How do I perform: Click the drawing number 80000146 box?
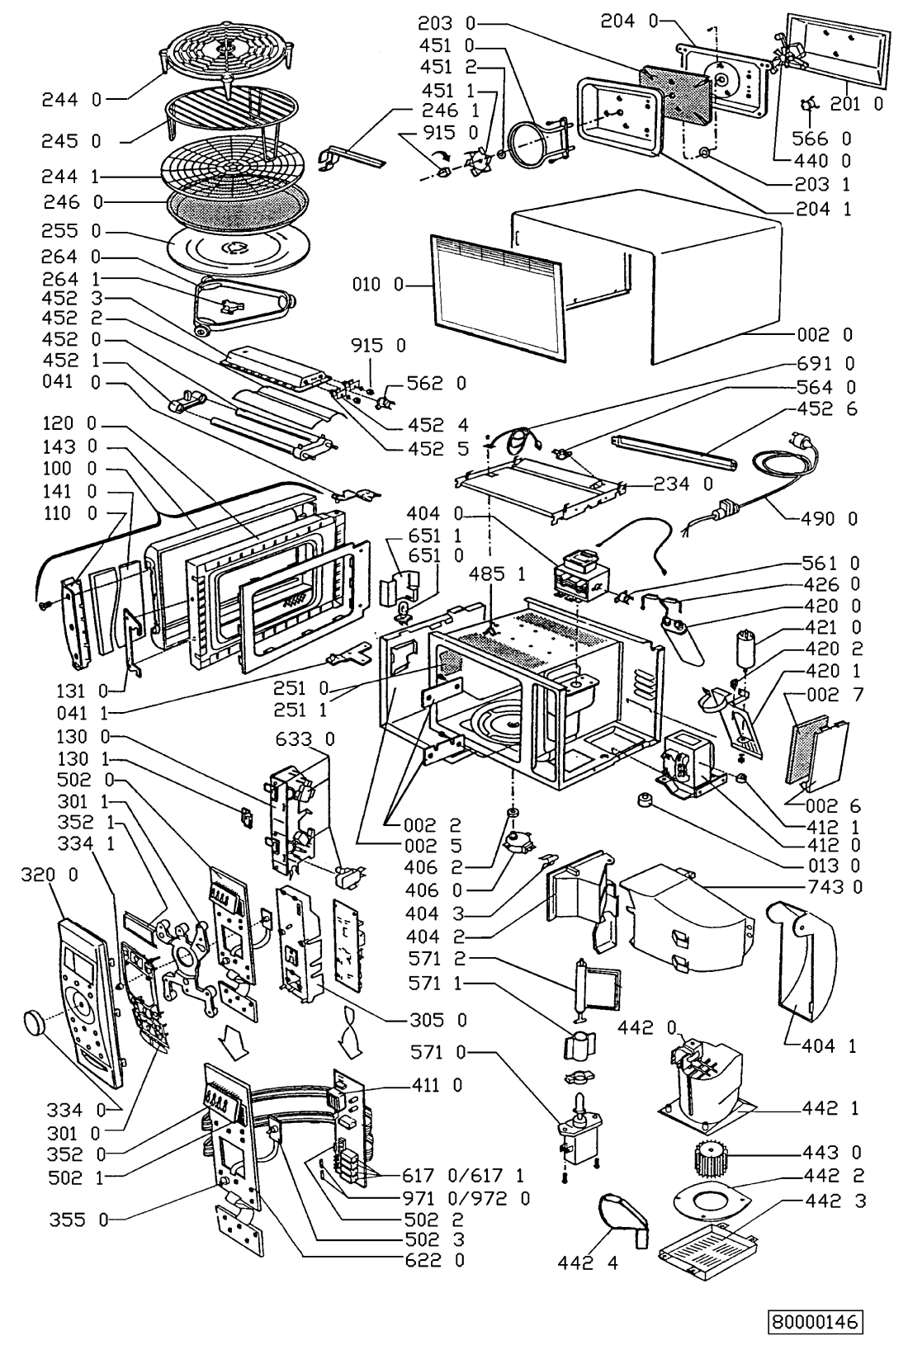pyautogui.click(x=816, y=1322)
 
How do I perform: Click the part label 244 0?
pyautogui.click(x=72, y=99)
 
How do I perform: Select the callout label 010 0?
pyautogui.click(x=377, y=284)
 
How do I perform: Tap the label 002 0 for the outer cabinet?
pyautogui.click(x=825, y=334)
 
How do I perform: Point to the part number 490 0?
pyautogui.click(x=829, y=518)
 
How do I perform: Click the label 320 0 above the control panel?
pyautogui.click(x=50, y=875)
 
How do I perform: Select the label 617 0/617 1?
pyautogui.click(x=462, y=1175)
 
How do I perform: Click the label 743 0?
pyautogui.click(x=835, y=886)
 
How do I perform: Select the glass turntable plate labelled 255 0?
pyautogui.click(x=237, y=248)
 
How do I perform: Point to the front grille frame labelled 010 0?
pyautogui.click(x=498, y=297)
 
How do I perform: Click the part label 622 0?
pyautogui.click(x=434, y=1260)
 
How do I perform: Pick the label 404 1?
pyautogui.click(x=829, y=1045)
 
